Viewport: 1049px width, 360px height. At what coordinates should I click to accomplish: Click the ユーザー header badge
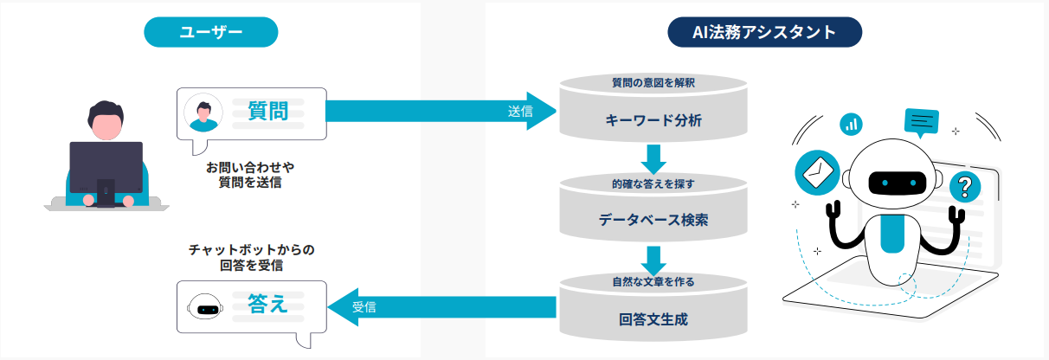(210, 33)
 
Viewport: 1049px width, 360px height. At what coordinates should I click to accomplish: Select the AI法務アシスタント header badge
(764, 33)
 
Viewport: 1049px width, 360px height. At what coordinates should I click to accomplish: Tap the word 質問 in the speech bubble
(267, 111)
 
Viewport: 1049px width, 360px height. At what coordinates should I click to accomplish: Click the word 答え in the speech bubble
(267, 305)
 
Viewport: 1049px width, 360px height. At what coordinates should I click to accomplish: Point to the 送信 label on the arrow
(520, 112)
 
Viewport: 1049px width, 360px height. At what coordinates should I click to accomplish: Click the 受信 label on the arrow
(364, 306)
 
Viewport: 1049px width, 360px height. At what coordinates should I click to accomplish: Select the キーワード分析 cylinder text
(653, 120)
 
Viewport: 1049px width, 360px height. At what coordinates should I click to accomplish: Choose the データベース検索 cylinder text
(653, 220)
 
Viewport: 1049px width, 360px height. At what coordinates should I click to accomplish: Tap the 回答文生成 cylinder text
(653, 318)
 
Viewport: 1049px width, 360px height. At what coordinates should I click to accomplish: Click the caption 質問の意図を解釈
(653, 83)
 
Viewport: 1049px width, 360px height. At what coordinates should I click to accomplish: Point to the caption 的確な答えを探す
(653, 183)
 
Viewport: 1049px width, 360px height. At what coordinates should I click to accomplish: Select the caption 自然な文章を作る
(653, 281)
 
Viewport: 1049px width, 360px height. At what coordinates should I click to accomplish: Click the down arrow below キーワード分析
(653, 157)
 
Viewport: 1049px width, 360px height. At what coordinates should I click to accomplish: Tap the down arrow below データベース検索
(653, 257)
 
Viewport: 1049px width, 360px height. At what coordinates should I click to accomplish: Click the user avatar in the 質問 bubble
(204, 112)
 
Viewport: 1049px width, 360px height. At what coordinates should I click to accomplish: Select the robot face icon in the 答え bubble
(206, 307)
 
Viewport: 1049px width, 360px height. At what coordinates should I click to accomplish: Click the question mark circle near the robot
(966, 184)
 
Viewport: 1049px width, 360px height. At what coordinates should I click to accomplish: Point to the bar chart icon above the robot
(852, 124)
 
